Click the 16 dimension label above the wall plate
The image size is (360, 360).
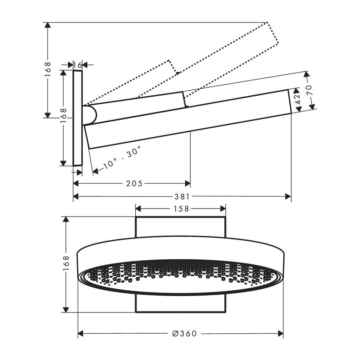click(x=78, y=65)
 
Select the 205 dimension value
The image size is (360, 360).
click(x=135, y=184)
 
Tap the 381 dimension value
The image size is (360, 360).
click(x=182, y=197)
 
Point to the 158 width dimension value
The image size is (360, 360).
click(x=181, y=209)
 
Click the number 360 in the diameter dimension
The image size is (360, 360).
click(x=188, y=333)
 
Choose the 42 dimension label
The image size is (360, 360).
click(x=298, y=98)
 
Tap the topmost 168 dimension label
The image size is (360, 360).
click(x=48, y=70)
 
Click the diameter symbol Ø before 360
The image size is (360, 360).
click(x=176, y=333)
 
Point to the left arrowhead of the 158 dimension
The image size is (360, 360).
click(x=139, y=209)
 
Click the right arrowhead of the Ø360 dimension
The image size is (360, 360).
click(x=280, y=333)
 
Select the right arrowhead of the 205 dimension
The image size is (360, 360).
click(x=188, y=184)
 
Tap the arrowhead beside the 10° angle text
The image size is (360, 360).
click(x=96, y=171)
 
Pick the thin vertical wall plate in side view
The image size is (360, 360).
click(x=78, y=118)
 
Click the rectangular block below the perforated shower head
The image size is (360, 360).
click(x=181, y=303)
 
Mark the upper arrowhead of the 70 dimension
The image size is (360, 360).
click(x=307, y=75)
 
